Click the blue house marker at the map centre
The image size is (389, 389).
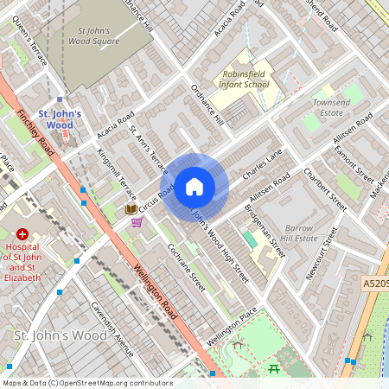point(194,186)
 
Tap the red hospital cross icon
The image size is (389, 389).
point(22,233)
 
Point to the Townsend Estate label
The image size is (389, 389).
point(331,107)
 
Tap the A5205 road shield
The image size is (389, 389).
point(374,283)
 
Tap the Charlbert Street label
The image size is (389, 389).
point(325,189)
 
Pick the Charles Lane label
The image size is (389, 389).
point(263,163)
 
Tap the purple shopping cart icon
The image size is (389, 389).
point(136,222)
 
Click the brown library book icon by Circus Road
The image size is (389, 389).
point(131,209)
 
